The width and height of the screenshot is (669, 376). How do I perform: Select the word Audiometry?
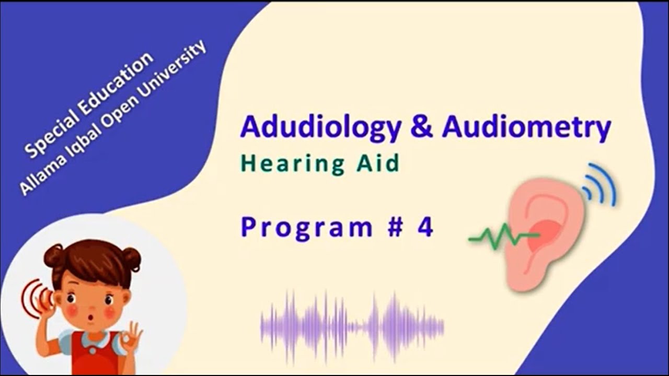(x=526, y=128)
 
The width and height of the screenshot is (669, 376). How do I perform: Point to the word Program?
(x=306, y=228)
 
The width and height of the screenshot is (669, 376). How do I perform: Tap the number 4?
(x=425, y=228)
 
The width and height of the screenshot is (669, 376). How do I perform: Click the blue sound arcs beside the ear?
(x=601, y=185)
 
